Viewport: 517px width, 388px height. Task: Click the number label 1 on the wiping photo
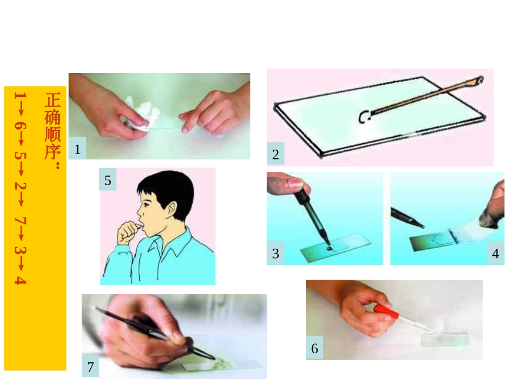coord(77,149)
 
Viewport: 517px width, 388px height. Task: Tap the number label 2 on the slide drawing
coord(275,155)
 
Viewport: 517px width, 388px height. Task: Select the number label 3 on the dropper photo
coord(275,254)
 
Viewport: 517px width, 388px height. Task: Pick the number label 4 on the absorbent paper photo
coord(495,254)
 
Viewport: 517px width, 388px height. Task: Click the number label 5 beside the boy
coord(108,180)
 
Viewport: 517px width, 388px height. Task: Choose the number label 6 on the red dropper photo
coord(315,349)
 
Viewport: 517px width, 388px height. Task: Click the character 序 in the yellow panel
coord(53,150)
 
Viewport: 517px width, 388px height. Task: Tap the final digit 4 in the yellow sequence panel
coord(20,280)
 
